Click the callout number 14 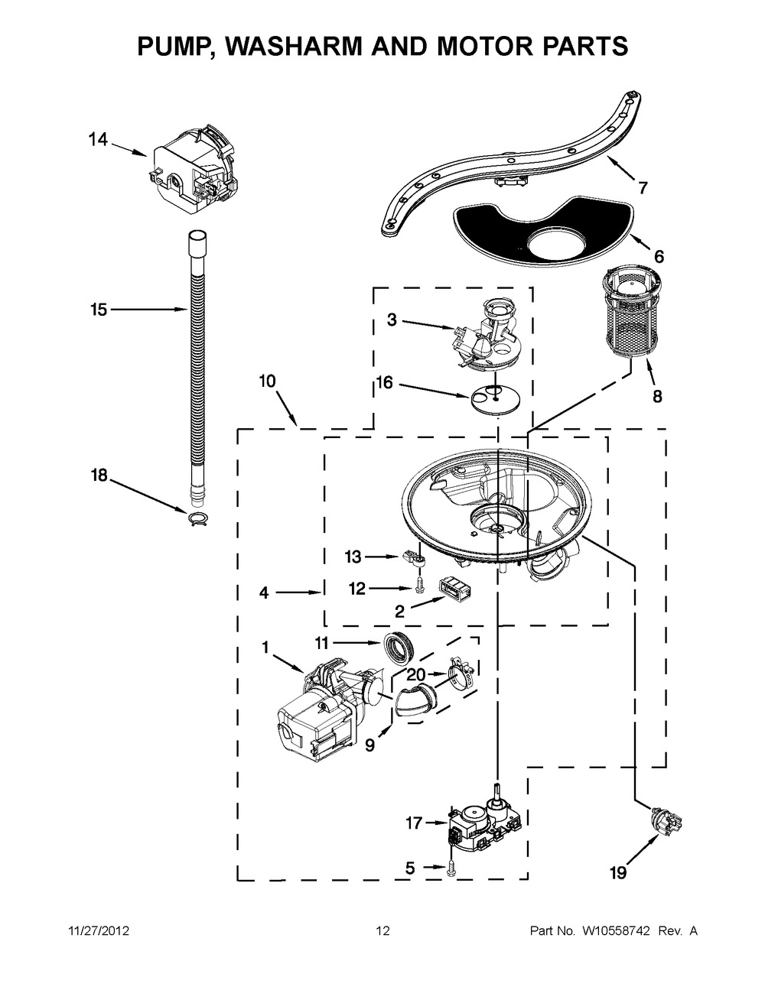point(97,140)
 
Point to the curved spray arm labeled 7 point(513,161)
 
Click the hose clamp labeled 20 point(461,674)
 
